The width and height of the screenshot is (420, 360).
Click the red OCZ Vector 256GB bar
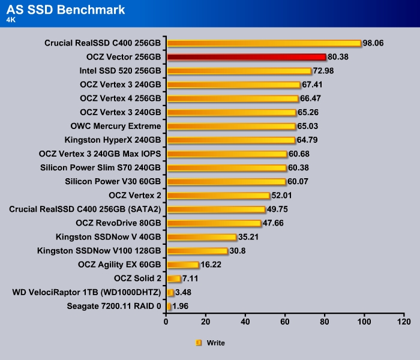[x=246, y=57]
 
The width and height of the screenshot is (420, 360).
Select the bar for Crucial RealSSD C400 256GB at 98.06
[x=263, y=43]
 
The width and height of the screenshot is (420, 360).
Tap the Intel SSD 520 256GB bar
[x=239, y=71]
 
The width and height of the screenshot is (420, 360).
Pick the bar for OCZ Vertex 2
[x=218, y=196]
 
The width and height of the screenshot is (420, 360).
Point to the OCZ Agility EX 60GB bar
[x=182, y=265]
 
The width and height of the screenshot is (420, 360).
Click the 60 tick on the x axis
[x=285, y=322]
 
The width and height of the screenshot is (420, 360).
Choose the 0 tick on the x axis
[x=166, y=322]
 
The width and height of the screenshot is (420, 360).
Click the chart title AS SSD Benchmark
[x=66, y=9]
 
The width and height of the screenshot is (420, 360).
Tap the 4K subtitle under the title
[x=11, y=19]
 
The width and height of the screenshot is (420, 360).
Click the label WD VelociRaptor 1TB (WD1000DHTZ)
[x=86, y=292]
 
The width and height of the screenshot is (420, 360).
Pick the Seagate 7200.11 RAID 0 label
[x=115, y=306]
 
